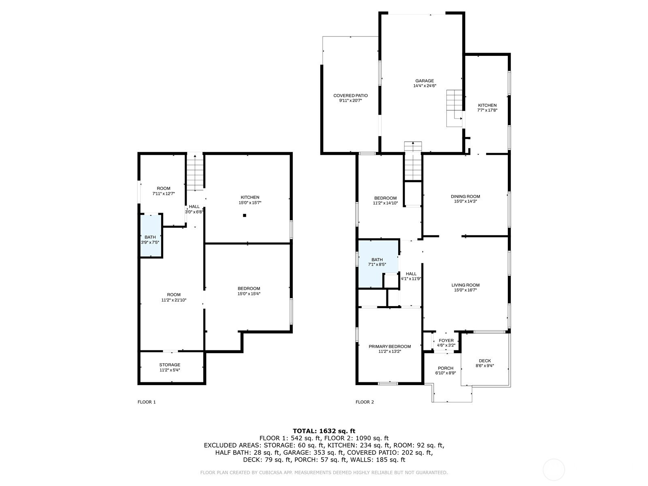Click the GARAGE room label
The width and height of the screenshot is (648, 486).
click(424, 81)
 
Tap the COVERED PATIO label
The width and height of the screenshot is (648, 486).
click(350, 96)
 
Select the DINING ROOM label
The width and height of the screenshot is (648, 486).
click(465, 196)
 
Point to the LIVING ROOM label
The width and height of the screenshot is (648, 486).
click(465, 285)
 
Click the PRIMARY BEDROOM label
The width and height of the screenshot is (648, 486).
click(390, 346)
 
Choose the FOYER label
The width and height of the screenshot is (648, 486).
click(446, 341)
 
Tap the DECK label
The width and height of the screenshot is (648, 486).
click(485, 360)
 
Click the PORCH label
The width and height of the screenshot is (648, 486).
click(446, 368)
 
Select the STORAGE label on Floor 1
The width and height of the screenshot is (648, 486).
click(170, 365)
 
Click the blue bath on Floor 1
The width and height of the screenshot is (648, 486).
click(151, 236)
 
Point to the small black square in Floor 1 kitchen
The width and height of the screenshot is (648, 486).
click(245, 215)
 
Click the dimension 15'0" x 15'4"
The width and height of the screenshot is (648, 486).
click(249, 294)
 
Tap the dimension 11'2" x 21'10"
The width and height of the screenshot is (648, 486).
click(174, 300)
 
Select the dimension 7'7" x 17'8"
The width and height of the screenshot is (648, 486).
click(487, 110)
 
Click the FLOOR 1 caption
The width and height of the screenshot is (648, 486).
click(147, 402)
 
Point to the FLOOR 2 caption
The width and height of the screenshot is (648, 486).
click(364, 402)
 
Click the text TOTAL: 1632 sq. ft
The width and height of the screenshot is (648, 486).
click(324, 431)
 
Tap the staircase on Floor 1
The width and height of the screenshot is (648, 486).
click(195, 172)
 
